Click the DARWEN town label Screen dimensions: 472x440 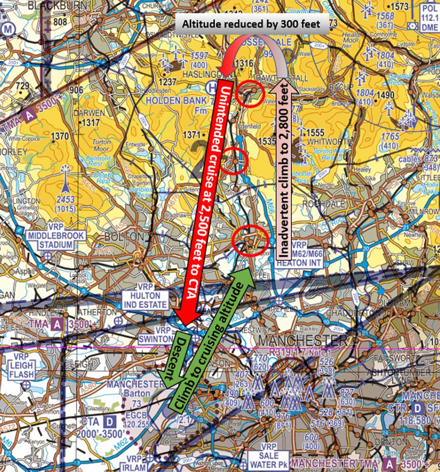[89, 113]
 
